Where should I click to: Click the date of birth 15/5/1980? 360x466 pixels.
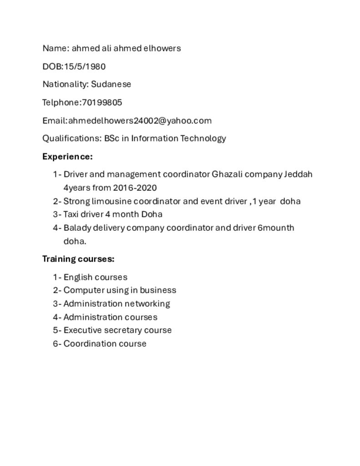coord(85,66)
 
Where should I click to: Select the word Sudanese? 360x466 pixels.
coord(111,84)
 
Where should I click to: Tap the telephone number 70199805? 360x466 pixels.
coord(101,102)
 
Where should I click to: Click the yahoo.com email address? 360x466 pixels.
coord(140,121)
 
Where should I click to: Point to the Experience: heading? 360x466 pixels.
coord(67,157)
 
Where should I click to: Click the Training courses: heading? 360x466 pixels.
coord(78,259)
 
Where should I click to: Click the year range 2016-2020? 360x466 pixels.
coord(135,187)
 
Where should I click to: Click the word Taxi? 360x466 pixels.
coord(71,214)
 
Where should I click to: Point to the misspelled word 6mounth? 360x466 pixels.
coord(276,228)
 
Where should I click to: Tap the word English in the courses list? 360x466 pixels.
coord(77,277)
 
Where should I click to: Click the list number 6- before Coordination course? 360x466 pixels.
coord(56,344)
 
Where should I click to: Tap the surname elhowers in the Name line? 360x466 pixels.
coord(162,48)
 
